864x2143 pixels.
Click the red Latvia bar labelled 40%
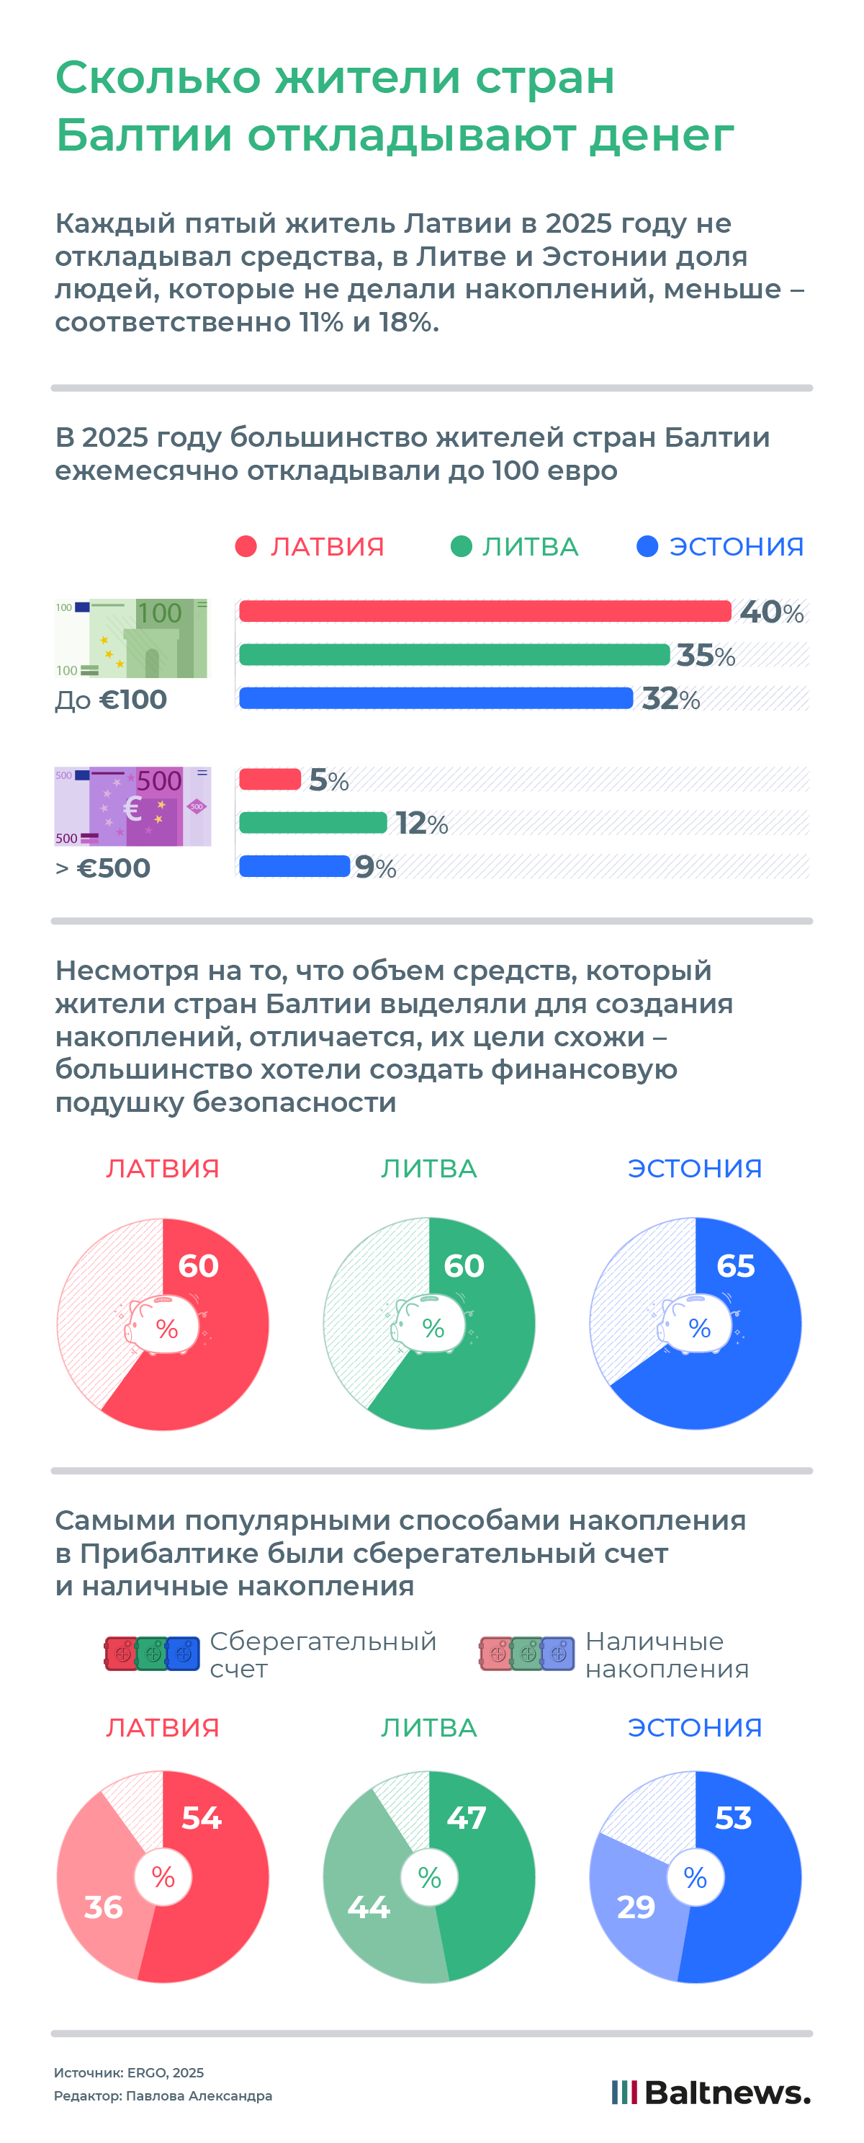click(x=485, y=612)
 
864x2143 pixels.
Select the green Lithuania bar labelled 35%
click(x=454, y=655)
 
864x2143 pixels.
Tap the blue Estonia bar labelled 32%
click(x=436, y=698)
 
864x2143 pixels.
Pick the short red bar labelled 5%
click(x=269, y=780)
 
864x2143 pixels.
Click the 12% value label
click(x=422, y=824)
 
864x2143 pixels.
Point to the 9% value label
click(x=375, y=868)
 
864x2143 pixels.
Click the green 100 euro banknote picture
click(x=131, y=638)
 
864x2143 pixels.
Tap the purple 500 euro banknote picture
click(x=132, y=806)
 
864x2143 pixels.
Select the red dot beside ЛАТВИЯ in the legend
click(x=246, y=547)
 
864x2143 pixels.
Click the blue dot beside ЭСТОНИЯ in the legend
click(x=647, y=547)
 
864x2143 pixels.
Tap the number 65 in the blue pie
click(x=736, y=1265)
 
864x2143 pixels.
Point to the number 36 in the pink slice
click(x=103, y=1907)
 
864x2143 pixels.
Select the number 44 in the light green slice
click(x=369, y=1907)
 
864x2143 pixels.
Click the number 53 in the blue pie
click(x=734, y=1818)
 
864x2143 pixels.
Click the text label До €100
click(x=111, y=700)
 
